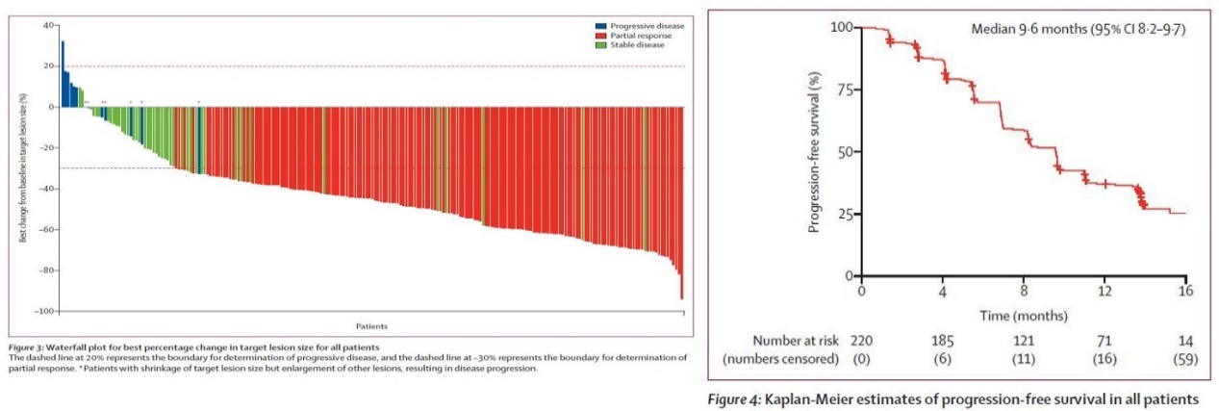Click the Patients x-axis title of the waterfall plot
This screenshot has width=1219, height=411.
370,326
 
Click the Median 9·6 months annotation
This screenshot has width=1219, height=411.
1076,30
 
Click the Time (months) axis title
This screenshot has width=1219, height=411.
1023,315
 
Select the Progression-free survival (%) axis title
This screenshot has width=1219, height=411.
816,151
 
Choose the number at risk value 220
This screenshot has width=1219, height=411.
861,341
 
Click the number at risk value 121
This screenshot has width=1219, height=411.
1023,341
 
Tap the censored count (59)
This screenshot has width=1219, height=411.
1184,360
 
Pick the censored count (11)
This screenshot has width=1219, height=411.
1023,360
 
